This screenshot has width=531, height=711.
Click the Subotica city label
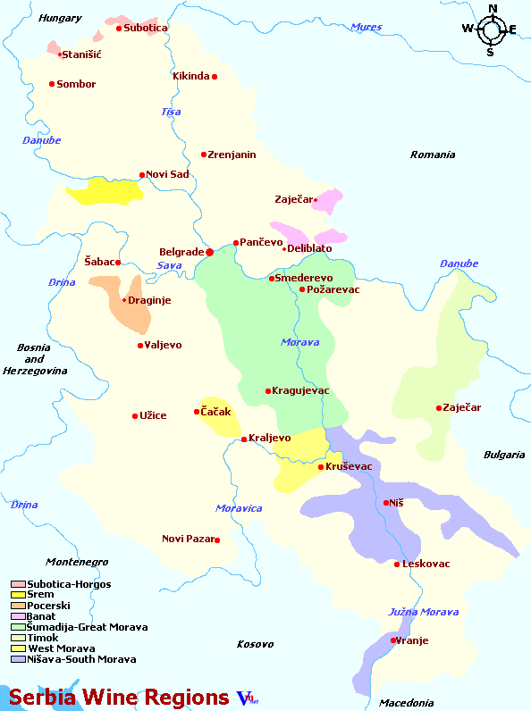pyautogui.click(x=146, y=28)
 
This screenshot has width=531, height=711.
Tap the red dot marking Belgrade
pyautogui.click(x=210, y=252)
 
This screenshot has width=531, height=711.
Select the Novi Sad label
pyautogui.click(x=168, y=174)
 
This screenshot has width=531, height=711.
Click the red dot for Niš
pyautogui.click(x=386, y=503)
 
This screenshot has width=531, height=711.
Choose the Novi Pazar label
pyautogui.click(x=187, y=539)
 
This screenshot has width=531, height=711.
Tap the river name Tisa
pyautogui.click(x=170, y=112)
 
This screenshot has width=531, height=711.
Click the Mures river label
pyautogui.click(x=366, y=27)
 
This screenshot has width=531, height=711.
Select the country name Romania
pyautogui.click(x=433, y=155)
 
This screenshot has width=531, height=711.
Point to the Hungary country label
pyautogui.click(x=61, y=18)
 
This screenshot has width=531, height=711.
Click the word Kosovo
pyautogui.click(x=255, y=643)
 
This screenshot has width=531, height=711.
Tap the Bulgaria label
pyautogui.click(x=504, y=455)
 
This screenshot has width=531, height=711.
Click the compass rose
pyautogui.click(x=491, y=29)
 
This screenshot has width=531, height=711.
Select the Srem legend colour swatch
pyautogui.click(x=18, y=595)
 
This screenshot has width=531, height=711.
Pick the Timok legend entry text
pyautogui.click(x=43, y=638)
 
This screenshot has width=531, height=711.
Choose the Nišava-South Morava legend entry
pyautogui.click(x=81, y=659)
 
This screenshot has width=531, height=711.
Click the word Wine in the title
pyautogui.click(x=122, y=697)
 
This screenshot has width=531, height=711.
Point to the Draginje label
pyautogui.click(x=149, y=300)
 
